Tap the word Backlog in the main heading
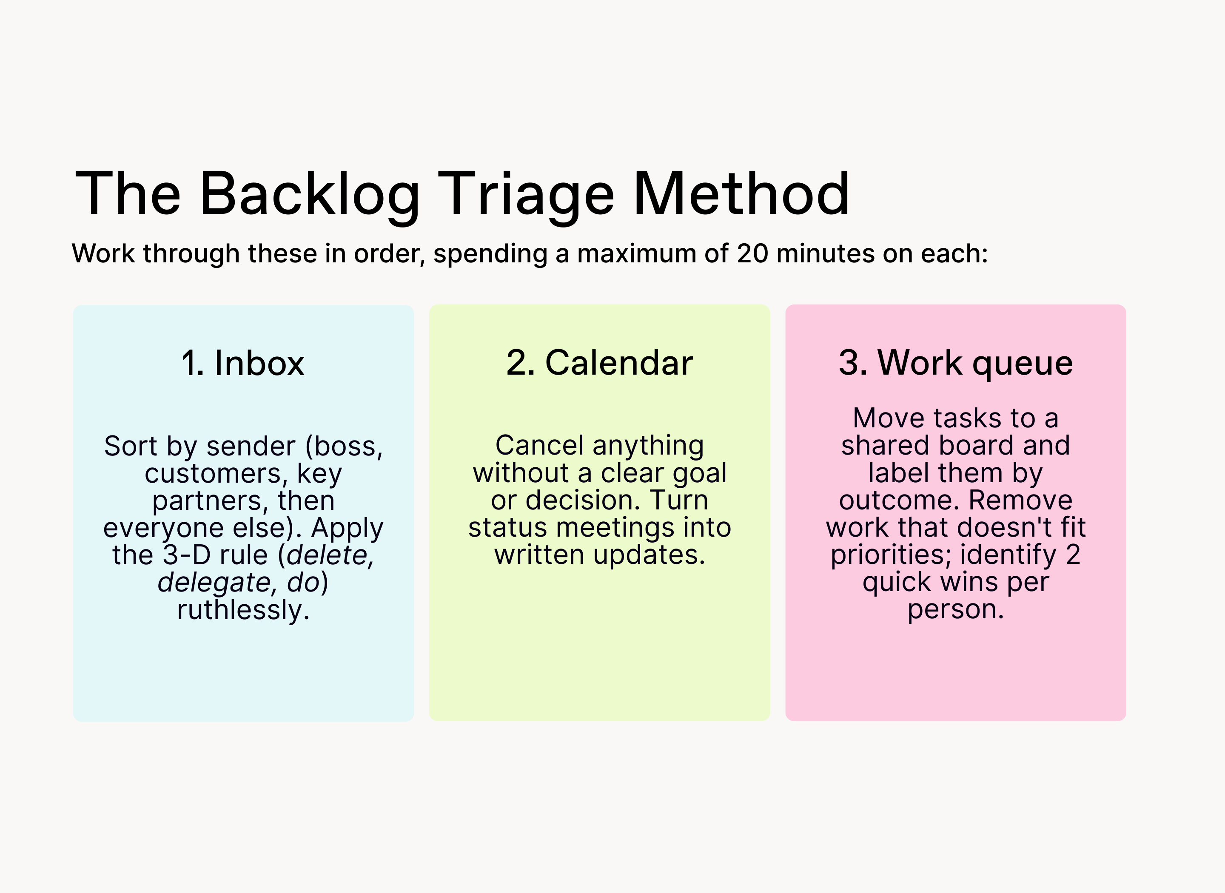pos(310,195)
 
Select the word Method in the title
pos(741,193)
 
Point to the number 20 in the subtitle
pos(752,253)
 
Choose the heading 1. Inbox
pos(243,363)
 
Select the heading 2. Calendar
pos(599,363)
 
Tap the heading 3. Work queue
pos(956,363)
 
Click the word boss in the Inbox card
pos(345,446)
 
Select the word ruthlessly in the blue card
pos(243,610)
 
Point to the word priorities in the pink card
pos(890,555)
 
